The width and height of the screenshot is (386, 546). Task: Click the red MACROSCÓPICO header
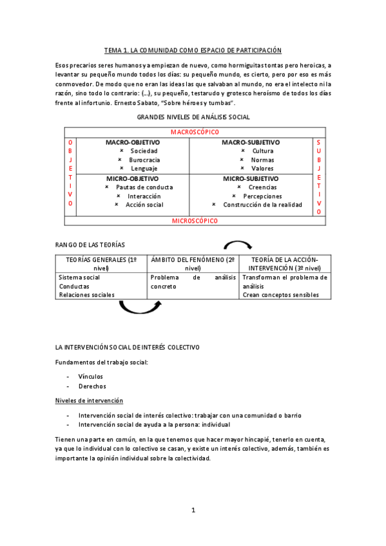[x=193, y=132]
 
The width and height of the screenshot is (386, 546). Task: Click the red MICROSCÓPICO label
[x=195, y=221]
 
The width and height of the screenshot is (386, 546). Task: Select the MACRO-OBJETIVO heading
[x=129, y=142]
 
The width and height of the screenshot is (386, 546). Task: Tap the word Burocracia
[x=144, y=160]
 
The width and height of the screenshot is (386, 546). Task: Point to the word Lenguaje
[x=144, y=168]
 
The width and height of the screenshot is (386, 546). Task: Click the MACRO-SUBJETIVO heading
[x=251, y=142]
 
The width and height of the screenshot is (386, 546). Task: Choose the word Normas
[x=262, y=160]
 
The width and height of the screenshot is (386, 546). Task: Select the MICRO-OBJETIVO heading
[x=128, y=178]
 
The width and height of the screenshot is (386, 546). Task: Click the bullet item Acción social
[x=144, y=205]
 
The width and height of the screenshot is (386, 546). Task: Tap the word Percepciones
[x=262, y=196]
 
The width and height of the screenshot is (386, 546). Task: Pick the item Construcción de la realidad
[x=262, y=205]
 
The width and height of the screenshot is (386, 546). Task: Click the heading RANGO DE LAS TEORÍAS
[x=90, y=245]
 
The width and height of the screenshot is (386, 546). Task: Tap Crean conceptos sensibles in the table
[x=280, y=295]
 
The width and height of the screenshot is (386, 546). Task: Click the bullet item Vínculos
[x=90, y=376]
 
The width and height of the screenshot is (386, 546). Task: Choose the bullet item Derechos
[x=92, y=386]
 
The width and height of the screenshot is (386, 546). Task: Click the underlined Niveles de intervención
[x=90, y=400]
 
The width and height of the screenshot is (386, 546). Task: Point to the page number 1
[x=193, y=511]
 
